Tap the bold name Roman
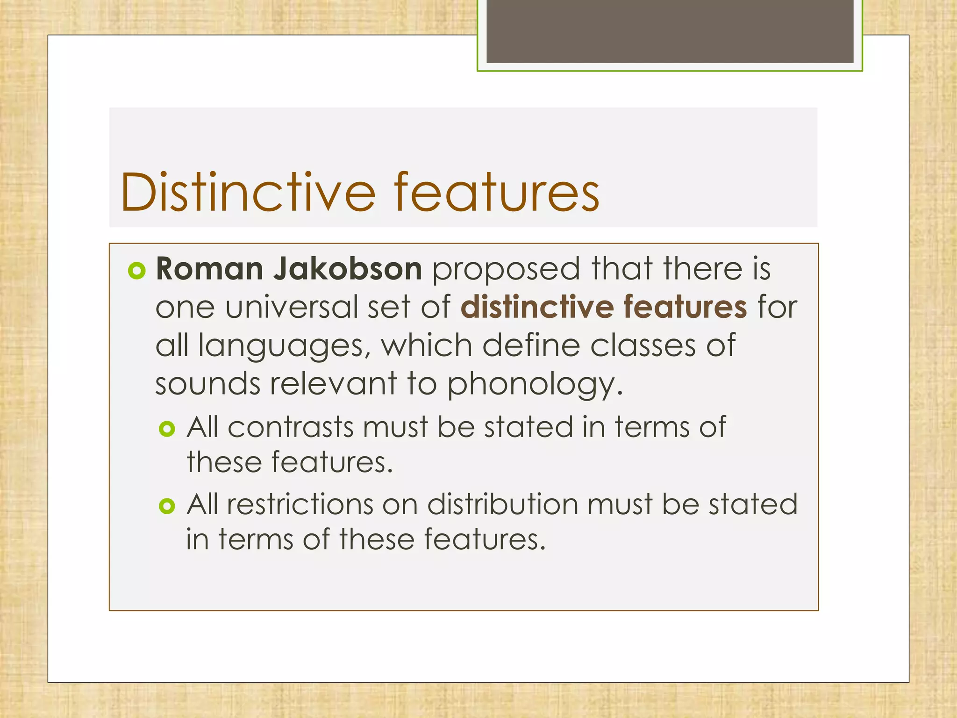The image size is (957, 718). click(209, 269)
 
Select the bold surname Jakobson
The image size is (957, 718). click(348, 269)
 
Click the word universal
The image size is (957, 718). click(291, 308)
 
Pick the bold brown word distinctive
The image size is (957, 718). click(537, 307)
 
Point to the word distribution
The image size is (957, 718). click(502, 504)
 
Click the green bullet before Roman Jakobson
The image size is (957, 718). click(137, 271)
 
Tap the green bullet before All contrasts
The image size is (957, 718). click(167, 429)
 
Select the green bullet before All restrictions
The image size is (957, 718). click(167, 506)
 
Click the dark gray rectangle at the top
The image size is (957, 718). click(670, 31)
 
